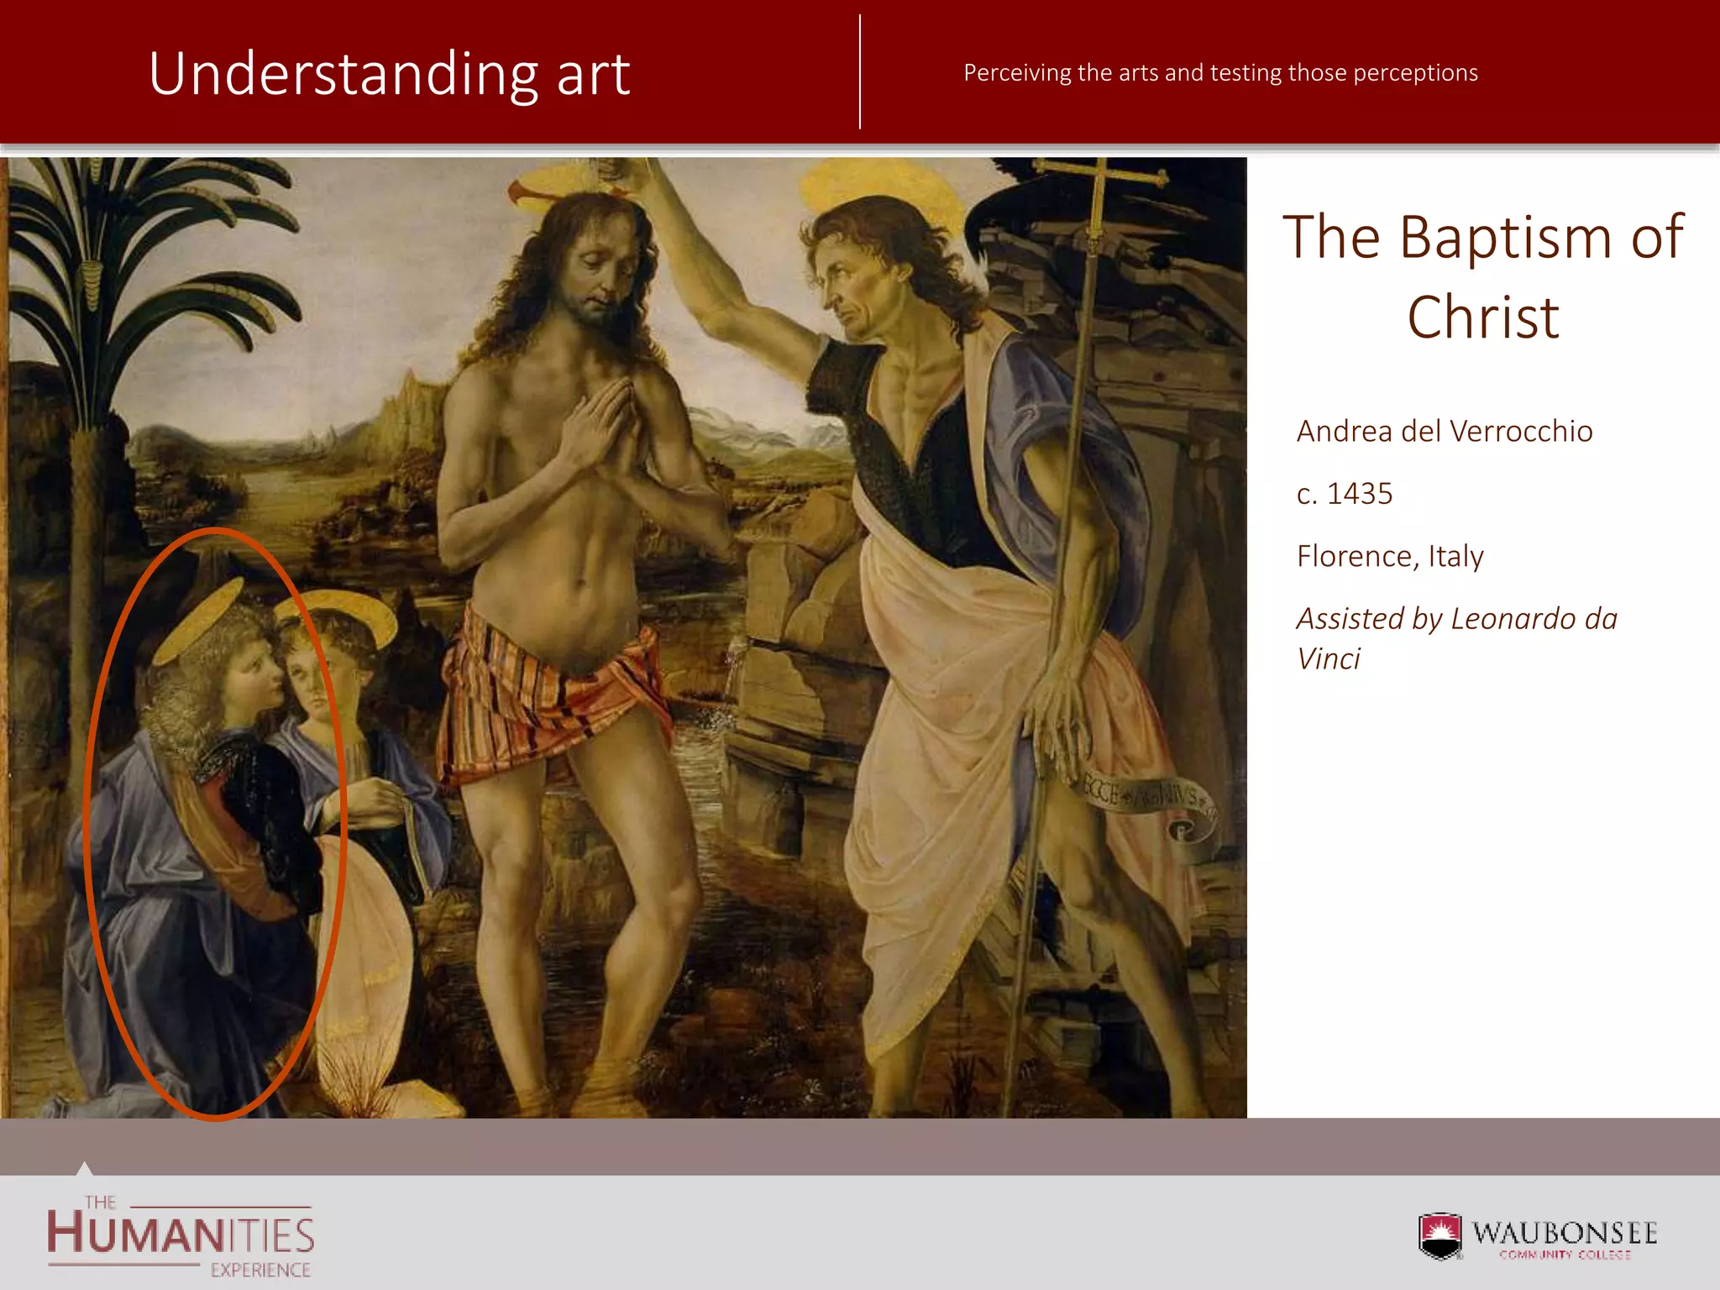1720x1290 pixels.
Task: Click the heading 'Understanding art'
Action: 389,74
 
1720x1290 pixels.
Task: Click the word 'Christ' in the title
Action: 1483,317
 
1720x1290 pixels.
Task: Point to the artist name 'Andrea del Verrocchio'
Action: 1444,431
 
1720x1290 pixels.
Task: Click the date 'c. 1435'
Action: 1344,494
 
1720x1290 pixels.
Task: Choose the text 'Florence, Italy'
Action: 1390,556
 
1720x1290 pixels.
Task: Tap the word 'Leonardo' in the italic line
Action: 1513,619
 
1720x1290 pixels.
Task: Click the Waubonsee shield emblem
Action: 1440,1235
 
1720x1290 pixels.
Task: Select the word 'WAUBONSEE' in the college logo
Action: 1565,1232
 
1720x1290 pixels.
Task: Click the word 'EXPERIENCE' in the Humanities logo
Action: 260,1270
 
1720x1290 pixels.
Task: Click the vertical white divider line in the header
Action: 860,72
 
